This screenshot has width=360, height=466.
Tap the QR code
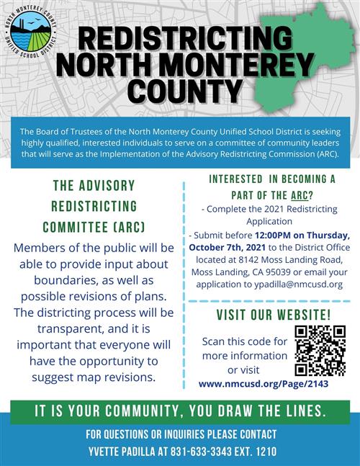(320, 351)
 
